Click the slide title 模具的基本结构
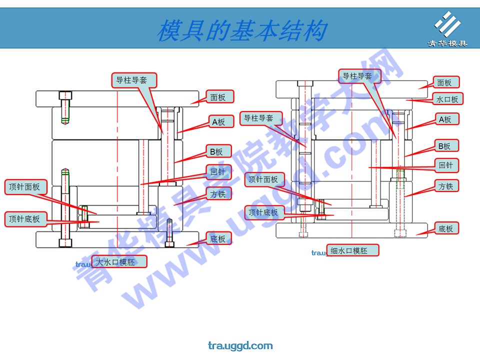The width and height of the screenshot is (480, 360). point(242,31)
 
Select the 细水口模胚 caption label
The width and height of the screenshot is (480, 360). point(353,250)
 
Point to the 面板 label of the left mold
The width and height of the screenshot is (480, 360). point(218,97)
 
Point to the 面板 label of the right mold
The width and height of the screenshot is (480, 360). point(444,82)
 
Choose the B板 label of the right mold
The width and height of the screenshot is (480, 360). point(444,146)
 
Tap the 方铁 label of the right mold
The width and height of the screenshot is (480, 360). point(445,186)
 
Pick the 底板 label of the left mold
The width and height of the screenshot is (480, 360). point(218,238)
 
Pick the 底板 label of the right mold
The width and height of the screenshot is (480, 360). point(445,228)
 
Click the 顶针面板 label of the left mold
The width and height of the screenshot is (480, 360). point(25,187)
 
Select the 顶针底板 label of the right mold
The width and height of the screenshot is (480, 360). point(264,212)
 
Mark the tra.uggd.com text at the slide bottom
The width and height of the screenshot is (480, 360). point(240,345)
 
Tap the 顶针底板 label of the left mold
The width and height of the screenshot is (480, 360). point(25,219)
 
